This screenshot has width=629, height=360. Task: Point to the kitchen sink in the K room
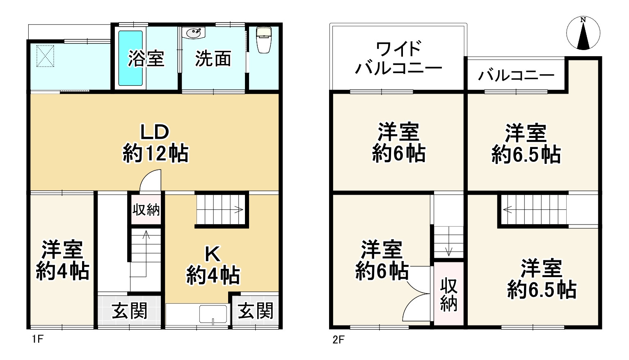click(x=213, y=314)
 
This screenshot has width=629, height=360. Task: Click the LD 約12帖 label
click(x=156, y=144)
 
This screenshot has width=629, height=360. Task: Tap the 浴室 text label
click(x=146, y=59)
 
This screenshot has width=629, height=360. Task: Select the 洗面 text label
click(x=213, y=59)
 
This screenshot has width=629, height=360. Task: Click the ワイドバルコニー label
click(x=398, y=58)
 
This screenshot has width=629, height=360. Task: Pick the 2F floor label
click(x=338, y=340)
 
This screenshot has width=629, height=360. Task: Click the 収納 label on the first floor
click(x=146, y=210)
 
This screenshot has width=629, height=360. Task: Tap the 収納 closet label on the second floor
click(x=449, y=295)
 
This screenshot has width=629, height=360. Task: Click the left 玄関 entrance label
click(x=130, y=311)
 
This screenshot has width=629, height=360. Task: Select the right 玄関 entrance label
click(x=256, y=311)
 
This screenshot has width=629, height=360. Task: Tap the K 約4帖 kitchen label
click(x=213, y=266)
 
